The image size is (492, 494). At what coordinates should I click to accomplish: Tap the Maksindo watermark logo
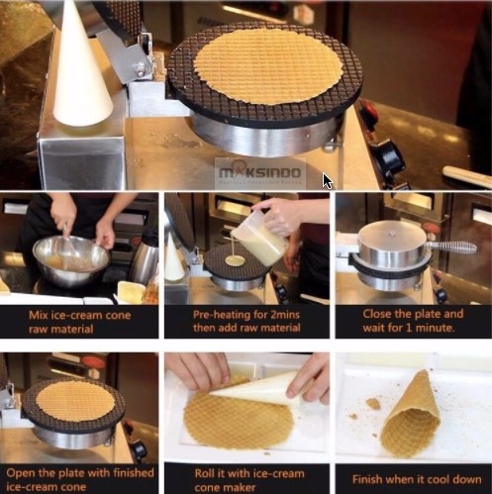click(x=260, y=172)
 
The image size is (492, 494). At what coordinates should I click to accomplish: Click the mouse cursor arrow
click(x=328, y=181)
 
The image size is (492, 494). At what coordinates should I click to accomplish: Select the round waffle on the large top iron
click(x=268, y=65)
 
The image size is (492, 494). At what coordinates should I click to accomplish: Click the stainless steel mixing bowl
click(x=71, y=261)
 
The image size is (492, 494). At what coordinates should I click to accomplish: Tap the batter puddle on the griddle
click(x=235, y=261)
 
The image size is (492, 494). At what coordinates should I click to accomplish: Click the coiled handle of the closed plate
click(x=451, y=247)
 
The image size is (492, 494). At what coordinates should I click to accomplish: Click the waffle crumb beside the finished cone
click(x=373, y=403)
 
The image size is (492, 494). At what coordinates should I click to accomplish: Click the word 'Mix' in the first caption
click(x=37, y=315)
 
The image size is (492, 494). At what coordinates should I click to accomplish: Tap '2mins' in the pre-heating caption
click(x=285, y=315)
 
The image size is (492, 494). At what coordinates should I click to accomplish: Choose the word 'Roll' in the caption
click(x=203, y=473)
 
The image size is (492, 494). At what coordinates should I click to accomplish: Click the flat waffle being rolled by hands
click(x=239, y=416)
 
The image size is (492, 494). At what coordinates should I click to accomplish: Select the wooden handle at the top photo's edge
click(x=466, y=176)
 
